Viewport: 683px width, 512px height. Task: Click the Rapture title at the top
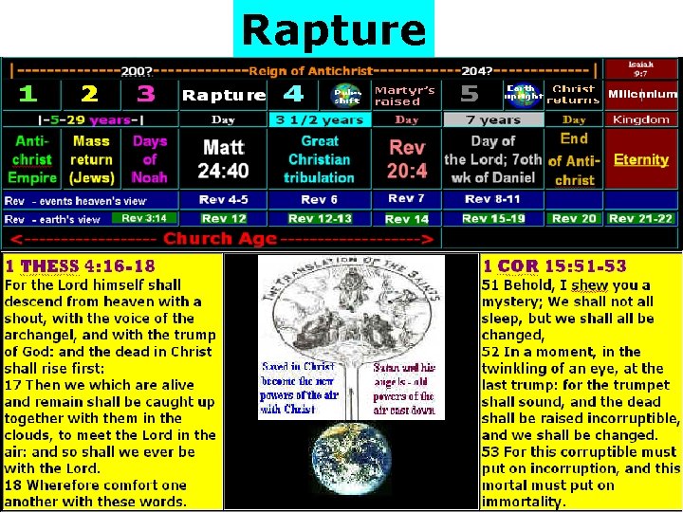[x=333, y=29]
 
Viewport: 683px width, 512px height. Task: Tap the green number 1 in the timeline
[x=28, y=94]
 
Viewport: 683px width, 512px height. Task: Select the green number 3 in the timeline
[x=145, y=94]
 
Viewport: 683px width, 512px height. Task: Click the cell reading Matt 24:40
[x=224, y=158]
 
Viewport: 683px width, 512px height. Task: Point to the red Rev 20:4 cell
[x=407, y=158]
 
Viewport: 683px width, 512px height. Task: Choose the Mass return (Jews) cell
[x=91, y=158]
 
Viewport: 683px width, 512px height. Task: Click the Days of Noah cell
[x=149, y=158]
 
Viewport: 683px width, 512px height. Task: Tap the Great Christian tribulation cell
[x=319, y=158]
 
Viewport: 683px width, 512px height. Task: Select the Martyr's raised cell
[x=404, y=95]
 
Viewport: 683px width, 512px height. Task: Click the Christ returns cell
[x=574, y=95]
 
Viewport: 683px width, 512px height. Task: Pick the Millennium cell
[x=642, y=95]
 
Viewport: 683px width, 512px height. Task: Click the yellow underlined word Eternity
[x=641, y=159]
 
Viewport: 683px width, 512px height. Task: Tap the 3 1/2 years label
[x=319, y=120]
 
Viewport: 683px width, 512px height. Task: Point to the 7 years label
[x=492, y=120]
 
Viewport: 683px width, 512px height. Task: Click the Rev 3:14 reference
[x=144, y=218]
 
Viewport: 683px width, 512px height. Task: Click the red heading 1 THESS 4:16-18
[x=81, y=266]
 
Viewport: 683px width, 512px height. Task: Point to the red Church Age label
[x=220, y=240]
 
